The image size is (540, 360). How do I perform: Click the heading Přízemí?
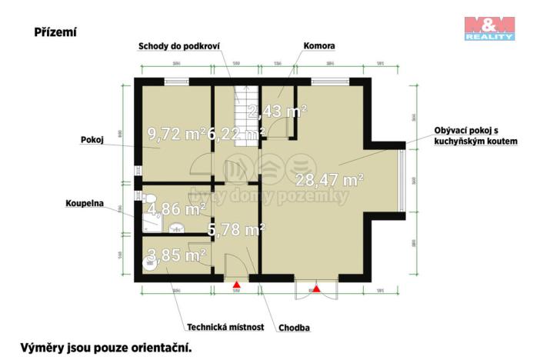click(x=55, y=32)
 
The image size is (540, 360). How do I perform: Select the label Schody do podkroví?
click(x=179, y=46)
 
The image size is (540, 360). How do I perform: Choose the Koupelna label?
click(x=85, y=205)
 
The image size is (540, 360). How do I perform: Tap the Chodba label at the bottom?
click(x=295, y=327)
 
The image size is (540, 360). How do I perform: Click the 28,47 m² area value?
click(x=329, y=181)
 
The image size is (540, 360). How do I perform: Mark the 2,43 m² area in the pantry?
click(x=278, y=112)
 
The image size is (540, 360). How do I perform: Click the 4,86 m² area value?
click(x=176, y=208)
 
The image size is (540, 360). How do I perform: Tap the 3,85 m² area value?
click(x=176, y=254)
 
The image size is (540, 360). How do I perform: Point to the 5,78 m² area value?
click(x=237, y=228)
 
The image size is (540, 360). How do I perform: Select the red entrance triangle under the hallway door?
click(x=237, y=285)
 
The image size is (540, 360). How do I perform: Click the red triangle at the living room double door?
click(x=315, y=289)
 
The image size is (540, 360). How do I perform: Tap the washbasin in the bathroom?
click(x=176, y=227)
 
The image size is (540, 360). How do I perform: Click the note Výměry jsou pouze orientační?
click(x=105, y=348)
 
